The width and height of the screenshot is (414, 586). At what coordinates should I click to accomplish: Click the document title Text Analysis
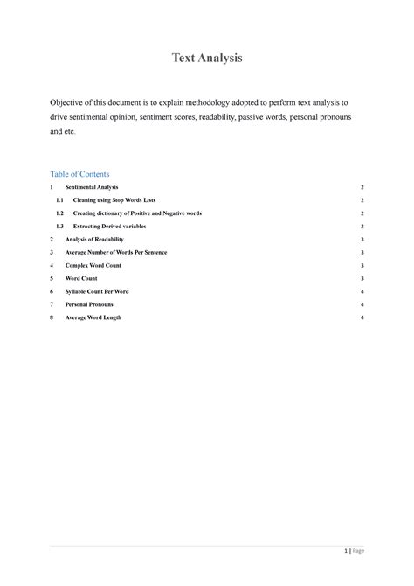[x=205, y=59]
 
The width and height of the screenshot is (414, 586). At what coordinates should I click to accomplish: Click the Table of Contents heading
[x=79, y=174]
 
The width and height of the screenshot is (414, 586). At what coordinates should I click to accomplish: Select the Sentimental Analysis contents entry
[x=92, y=188]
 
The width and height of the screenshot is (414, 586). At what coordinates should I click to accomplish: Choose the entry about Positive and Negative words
[x=137, y=213]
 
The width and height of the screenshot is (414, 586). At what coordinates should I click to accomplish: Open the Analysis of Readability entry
[x=94, y=239]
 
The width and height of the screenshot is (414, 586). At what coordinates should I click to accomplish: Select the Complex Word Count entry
[x=92, y=264]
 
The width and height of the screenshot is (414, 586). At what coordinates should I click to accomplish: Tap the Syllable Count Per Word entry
[x=97, y=290]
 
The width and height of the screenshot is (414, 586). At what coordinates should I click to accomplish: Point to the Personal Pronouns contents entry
[x=90, y=303]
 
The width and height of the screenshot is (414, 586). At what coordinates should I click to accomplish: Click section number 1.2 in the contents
[x=59, y=213]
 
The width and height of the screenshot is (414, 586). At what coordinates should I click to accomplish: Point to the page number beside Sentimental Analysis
[x=361, y=188]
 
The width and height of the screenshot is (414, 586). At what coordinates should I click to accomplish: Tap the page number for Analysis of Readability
[x=361, y=239]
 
